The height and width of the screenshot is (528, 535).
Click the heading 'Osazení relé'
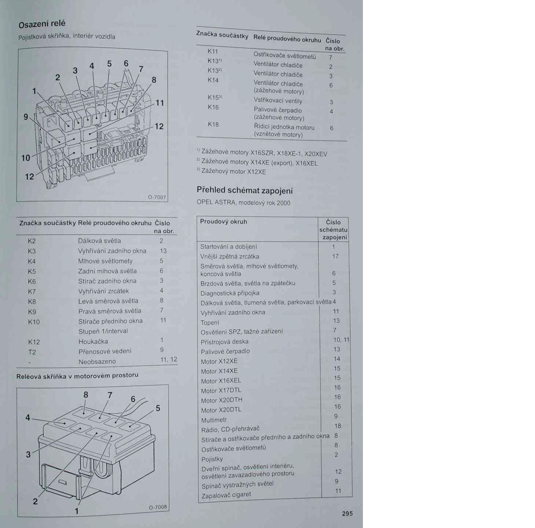42,24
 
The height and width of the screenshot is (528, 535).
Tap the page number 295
347,513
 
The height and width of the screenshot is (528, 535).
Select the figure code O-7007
157,197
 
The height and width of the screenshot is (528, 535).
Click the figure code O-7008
158,507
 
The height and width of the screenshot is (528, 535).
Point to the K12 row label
34,342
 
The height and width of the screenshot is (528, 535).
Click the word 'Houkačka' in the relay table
93,341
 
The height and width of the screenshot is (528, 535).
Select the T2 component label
32,352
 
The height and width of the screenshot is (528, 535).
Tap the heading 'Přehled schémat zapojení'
245,190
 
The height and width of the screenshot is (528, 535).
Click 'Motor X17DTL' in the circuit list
221,391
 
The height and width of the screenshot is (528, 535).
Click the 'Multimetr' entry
214,420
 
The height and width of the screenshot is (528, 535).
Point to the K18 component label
213,124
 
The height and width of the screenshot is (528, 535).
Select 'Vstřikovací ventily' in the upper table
278,101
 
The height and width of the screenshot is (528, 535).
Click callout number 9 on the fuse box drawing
26,117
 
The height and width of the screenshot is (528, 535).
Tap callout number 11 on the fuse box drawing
160,103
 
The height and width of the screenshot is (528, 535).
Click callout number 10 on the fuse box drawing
26,158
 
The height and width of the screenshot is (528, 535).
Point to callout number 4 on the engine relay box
28,417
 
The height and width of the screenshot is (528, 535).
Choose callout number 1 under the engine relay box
77,511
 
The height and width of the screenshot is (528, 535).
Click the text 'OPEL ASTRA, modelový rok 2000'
243,203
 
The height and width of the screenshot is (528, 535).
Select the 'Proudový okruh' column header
223,222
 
